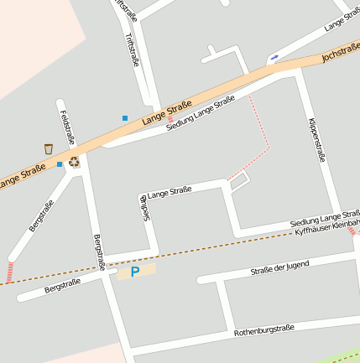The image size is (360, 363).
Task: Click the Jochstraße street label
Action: click(x=340, y=56)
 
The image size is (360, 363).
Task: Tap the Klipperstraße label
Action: click(x=316, y=138)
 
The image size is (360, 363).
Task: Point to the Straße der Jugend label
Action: click(x=279, y=268)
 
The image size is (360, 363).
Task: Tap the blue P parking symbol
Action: click(x=135, y=272)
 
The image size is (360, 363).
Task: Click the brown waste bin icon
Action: click(x=49, y=148)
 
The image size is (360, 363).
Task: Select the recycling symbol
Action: click(x=74, y=161)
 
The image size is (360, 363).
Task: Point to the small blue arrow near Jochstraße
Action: click(x=273, y=58)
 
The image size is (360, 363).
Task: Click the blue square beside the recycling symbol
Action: click(x=60, y=164)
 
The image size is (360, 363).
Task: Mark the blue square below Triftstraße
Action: click(x=125, y=118)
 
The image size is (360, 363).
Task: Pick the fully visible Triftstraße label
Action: click(x=131, y=50)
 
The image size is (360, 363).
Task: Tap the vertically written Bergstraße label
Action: click(x=98, y=252)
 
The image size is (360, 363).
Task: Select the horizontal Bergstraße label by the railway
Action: click(x=62, y=286)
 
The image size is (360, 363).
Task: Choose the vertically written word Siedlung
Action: click(x=144, y=205)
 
